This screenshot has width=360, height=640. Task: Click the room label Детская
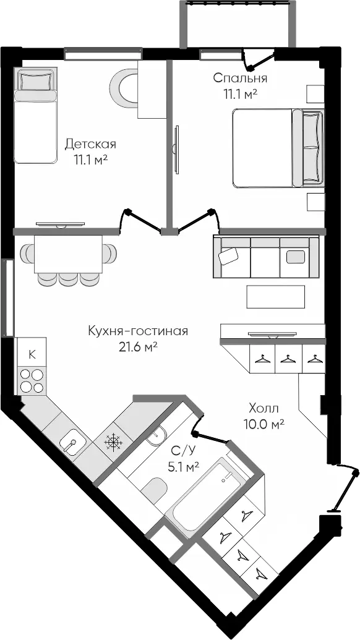click(x=90, y=144)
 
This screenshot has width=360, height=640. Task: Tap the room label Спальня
click(x=240, y=78)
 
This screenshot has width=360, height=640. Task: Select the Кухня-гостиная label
click(x=138, y=331)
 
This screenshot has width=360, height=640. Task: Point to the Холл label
click(x=264, y=408)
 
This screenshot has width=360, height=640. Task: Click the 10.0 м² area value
click(x=264, y=424)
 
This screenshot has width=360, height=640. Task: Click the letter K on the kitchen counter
click(x=32, y=354)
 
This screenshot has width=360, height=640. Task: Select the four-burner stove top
click(x=32, y=381)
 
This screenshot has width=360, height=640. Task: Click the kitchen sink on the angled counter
click(x=72, y=442)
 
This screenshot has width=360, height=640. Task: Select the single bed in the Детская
click(x=35, y=116)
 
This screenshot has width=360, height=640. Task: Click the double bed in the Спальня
click(x=278, y=148)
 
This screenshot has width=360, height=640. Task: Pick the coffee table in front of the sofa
click(x=275, y=297)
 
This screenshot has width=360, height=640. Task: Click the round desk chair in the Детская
click(x=123, y=87)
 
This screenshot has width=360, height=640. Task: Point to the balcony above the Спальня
click(x=238, y=23)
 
